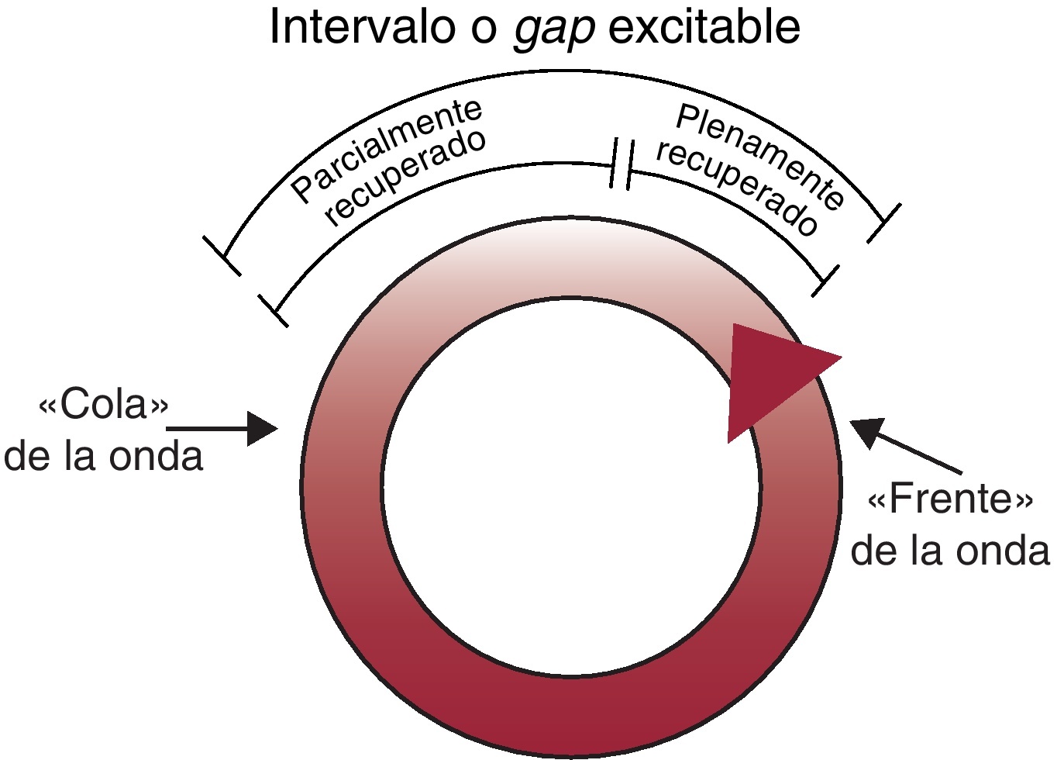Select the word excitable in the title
tap(704, 28)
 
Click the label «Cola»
tap(103, 405)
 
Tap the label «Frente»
tap(950, 499)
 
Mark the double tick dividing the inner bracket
tap(622, 164)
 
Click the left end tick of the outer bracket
tap(222, 255)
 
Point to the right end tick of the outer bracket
tap(884, 223)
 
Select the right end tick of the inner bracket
tap(826, 280)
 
